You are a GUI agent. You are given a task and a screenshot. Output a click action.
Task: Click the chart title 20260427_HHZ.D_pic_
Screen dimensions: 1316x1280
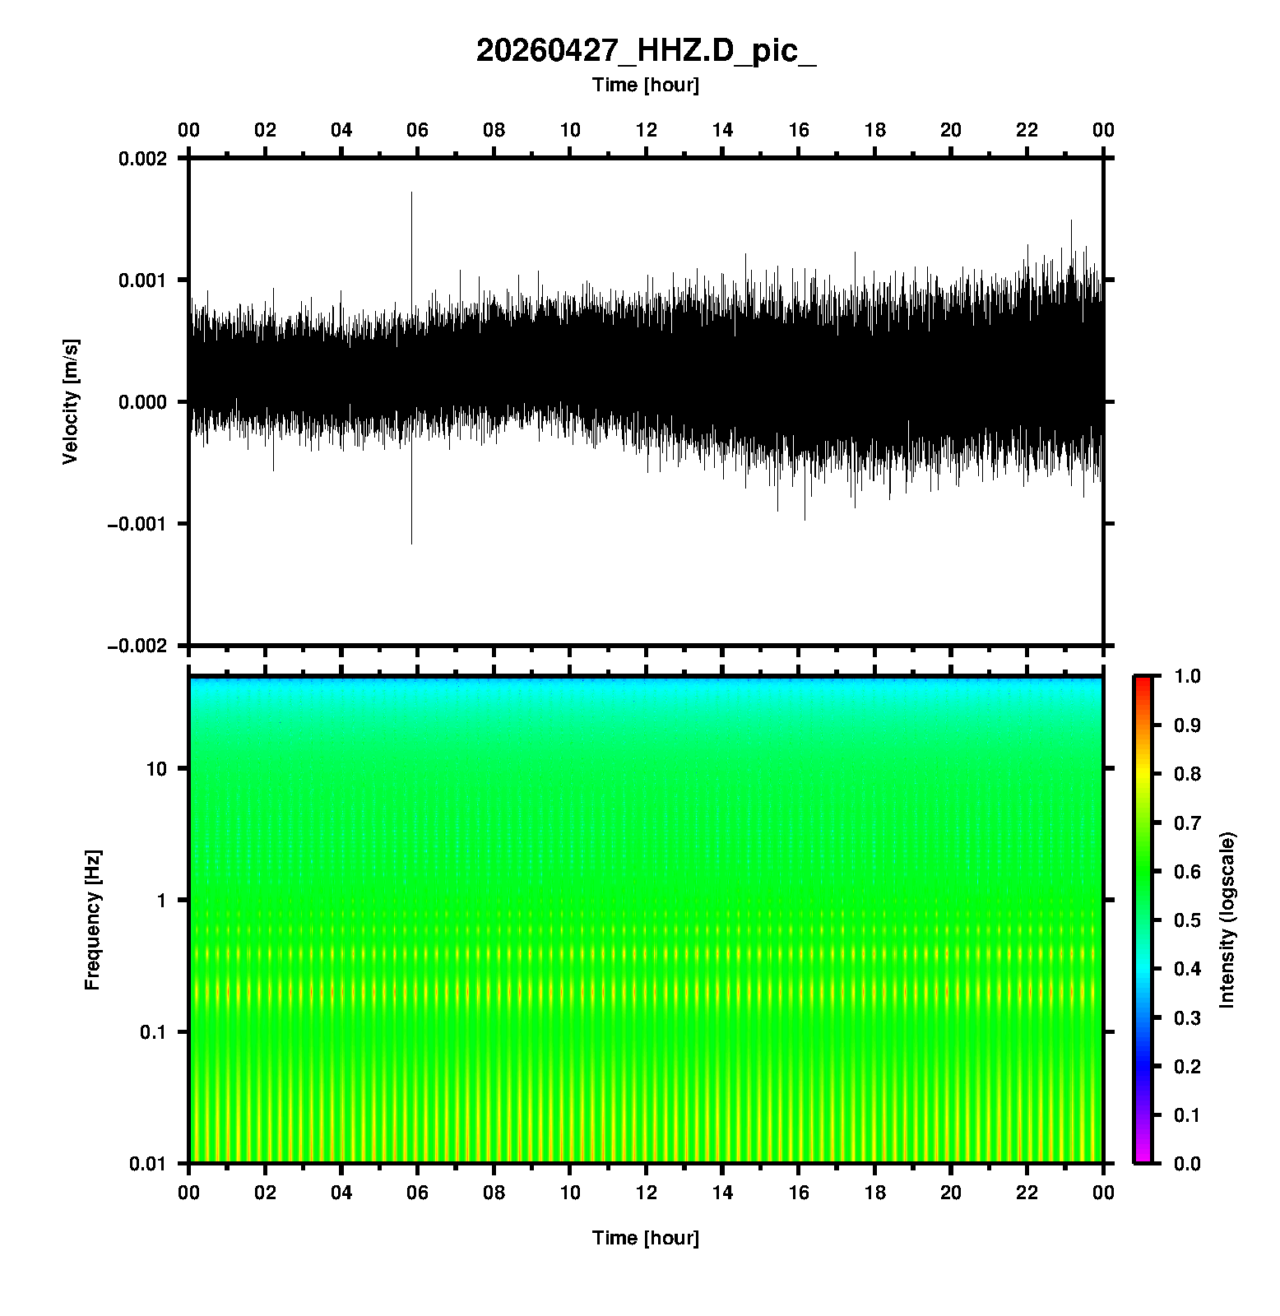click(646, 51)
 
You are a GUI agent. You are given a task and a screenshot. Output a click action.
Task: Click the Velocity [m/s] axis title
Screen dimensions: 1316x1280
click(71, 401)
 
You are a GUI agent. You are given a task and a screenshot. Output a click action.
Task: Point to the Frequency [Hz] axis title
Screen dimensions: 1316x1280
click(92, 920)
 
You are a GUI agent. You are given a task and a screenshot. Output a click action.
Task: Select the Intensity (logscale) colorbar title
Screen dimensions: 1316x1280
click(1227, 920)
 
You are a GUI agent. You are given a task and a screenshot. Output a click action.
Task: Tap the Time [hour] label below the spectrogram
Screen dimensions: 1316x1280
click(646, 1238)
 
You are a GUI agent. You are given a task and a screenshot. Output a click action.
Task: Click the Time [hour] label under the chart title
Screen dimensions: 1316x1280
click(646, 85)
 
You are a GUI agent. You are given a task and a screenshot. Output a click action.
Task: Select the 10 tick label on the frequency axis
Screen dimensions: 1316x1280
click(156, 769)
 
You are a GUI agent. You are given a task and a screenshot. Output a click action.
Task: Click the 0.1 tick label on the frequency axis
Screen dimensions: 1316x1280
click(152, 1032)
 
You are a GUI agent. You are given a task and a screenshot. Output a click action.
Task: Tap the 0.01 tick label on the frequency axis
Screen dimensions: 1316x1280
click(148, 1164)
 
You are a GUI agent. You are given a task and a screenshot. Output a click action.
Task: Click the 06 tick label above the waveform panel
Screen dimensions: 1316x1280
click(417, 130)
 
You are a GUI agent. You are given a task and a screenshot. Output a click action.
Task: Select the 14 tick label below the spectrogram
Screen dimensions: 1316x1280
click(722, 1193)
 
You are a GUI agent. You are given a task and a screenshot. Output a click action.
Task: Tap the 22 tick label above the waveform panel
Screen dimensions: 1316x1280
click(1027, 130)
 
